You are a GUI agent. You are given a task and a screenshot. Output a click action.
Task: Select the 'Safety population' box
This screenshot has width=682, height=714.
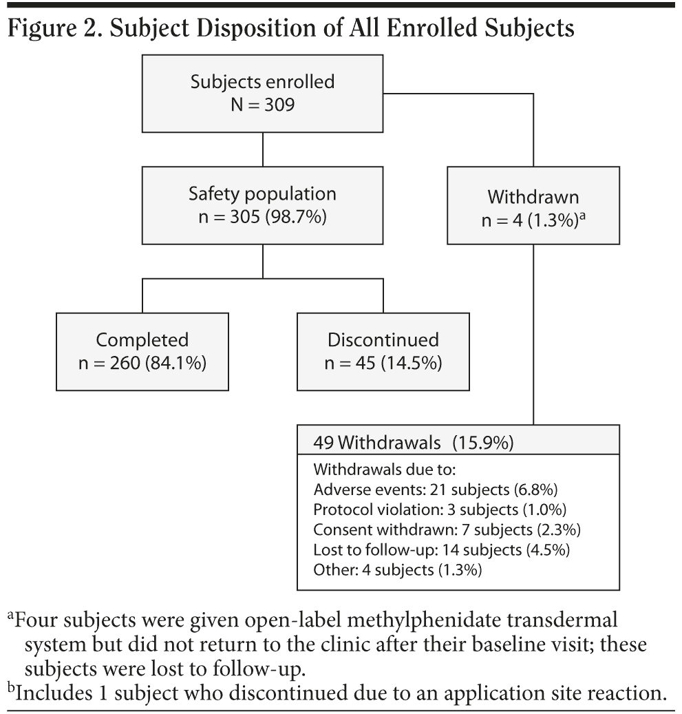click(262, 204)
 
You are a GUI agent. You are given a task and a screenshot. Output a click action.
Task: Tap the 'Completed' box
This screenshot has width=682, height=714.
click(142, 351)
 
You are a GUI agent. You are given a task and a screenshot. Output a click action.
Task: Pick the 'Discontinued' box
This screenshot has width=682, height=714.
click(383, 351)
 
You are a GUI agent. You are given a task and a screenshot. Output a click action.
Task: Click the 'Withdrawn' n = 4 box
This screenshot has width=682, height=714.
click(533, 207)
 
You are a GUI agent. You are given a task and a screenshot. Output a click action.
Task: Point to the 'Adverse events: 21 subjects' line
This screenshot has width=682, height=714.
click(434, 490)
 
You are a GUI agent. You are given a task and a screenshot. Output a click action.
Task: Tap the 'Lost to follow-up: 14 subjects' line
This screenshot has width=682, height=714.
click(441, 550)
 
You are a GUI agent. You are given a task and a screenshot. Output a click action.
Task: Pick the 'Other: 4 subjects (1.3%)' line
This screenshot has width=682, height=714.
click(397, 570)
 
